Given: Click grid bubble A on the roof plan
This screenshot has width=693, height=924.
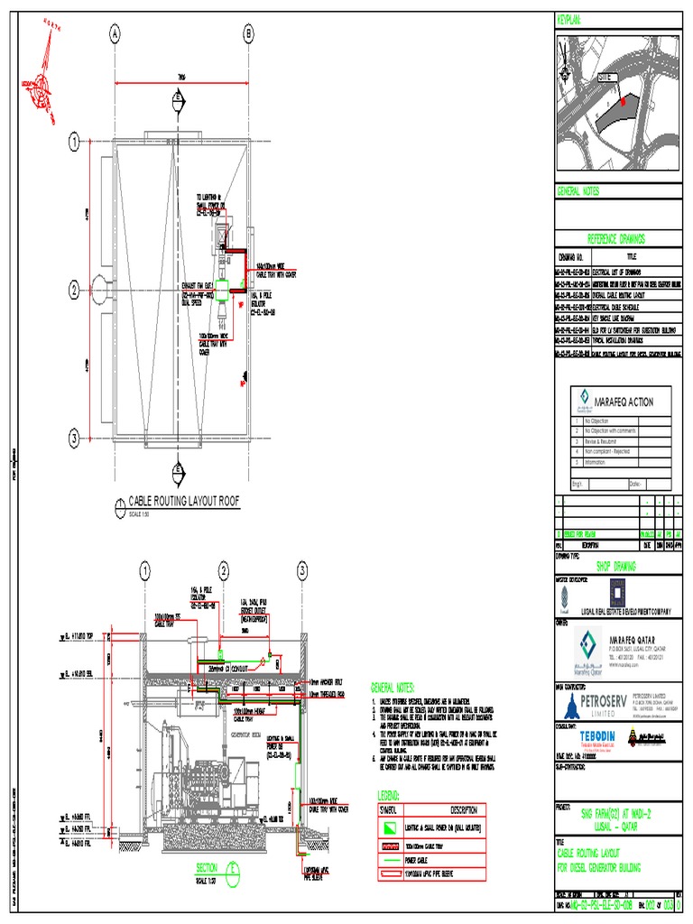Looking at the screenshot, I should click(115, 34).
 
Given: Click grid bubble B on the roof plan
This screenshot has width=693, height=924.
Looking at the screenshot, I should click(248, 34).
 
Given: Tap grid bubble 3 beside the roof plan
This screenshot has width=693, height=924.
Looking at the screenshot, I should click(74, 439).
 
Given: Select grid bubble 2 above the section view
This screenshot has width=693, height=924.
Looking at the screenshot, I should click(223, 570).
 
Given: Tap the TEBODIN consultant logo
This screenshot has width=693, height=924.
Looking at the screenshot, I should click(587, 736).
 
